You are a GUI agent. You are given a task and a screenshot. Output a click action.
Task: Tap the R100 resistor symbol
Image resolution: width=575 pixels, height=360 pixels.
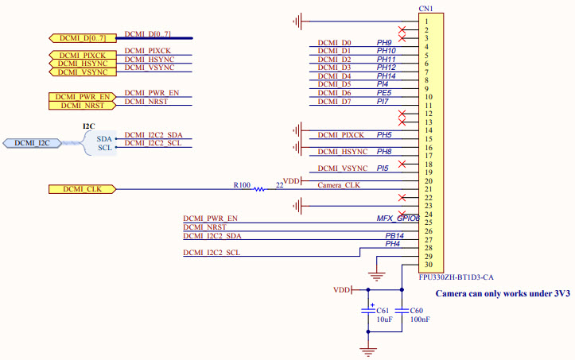[x=259, y=189]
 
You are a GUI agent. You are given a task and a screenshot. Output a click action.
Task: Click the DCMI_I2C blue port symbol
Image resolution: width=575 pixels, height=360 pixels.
[x=31, y=143]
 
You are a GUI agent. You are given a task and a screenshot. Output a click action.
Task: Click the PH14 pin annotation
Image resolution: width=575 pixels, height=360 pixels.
[x=386, y=76]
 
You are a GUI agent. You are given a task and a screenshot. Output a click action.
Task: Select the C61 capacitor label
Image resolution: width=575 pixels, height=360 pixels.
[x=382, y=310]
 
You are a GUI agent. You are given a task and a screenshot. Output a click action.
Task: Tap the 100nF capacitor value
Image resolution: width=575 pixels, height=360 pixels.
[x=422, y=319]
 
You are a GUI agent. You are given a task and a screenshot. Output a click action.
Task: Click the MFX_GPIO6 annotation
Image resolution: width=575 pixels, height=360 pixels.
[x=398, y=218]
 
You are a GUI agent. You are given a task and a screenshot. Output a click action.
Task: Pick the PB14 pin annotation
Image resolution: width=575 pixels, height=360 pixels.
[x=394, y=236]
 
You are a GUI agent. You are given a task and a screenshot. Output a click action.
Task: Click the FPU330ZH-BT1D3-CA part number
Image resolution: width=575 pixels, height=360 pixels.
[x=457, y=277]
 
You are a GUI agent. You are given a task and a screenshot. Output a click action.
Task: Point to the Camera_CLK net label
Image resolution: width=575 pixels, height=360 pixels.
[x=339, y=185]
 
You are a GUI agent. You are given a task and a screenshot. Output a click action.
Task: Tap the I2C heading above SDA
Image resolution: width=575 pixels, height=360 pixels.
[x=89, y=126]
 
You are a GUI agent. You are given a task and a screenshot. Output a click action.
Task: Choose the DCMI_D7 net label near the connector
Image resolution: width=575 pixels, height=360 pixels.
[x=334, y=102]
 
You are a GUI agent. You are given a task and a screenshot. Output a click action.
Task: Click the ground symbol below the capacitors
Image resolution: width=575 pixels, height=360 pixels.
[x=367, y=348]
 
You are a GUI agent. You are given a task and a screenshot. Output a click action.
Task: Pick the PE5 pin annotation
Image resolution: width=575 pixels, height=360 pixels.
[x=383, y=93]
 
